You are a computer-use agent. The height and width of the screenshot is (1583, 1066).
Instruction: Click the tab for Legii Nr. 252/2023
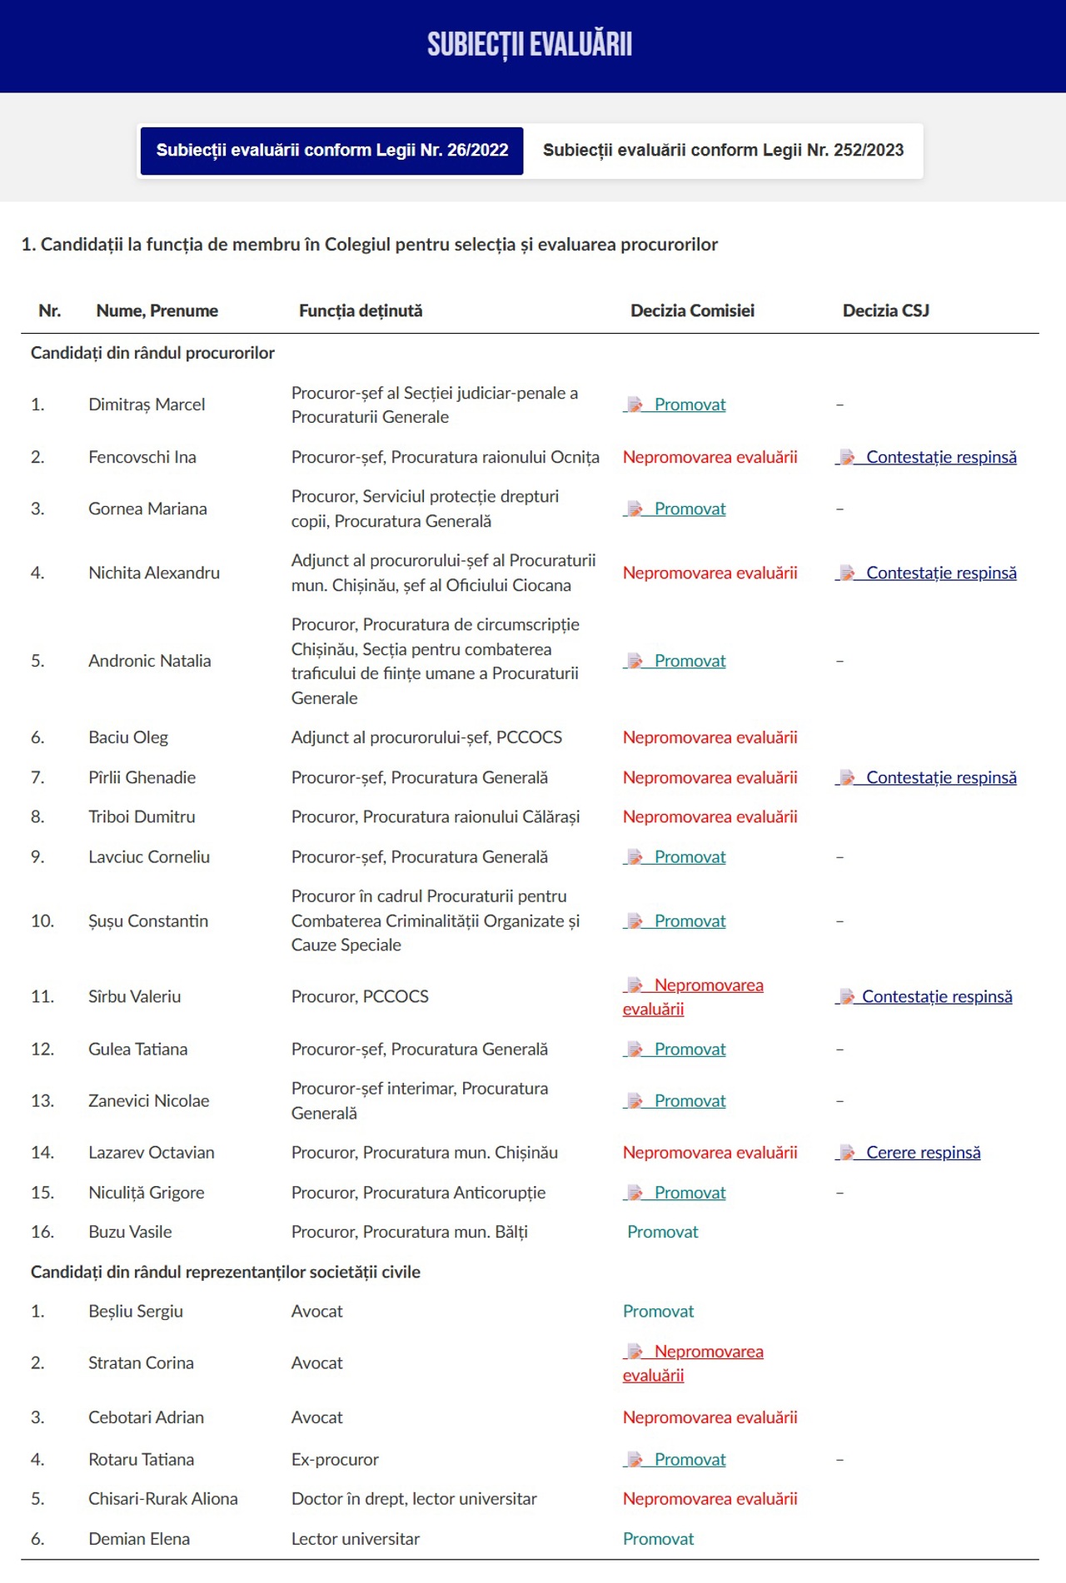click(x=723, y=151)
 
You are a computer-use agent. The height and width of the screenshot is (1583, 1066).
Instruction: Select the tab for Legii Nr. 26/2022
click(x=331, y=151)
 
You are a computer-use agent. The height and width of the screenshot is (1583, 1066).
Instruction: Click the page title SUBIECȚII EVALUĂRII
click(x=530, y=45)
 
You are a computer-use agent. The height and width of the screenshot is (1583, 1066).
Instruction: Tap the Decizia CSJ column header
click(x=885, y=311)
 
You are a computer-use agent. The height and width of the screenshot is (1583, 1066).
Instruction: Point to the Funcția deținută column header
click(x=361, y=311)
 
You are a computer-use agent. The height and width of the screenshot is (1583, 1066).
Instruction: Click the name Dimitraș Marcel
click(x=147, y=404)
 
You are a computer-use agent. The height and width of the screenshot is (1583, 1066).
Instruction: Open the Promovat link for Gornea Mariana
click(x=690, y=509)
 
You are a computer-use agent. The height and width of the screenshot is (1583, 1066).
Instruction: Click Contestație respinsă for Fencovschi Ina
click(x=940, y=457)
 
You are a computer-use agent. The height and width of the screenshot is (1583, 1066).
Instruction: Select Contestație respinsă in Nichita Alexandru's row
click(x=940, y=573)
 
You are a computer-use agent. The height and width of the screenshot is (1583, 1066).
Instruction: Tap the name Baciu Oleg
click(x=128, y=737)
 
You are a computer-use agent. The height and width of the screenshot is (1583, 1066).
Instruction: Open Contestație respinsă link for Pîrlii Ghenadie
click(x=940, y=777)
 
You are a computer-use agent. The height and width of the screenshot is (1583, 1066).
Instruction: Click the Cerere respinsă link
click(x=923, y=1153)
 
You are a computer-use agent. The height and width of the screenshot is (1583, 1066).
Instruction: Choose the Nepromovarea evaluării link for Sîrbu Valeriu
click(x=708, y=985)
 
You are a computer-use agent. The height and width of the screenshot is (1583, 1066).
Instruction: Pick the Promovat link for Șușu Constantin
click(x=690, y=921)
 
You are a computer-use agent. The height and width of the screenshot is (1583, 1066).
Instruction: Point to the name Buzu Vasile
click(x=130, y=1232)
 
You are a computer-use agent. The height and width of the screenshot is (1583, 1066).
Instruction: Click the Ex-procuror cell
click(x=335, y=1460)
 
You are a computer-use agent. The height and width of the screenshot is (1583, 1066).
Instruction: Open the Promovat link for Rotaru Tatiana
click(x=690, y=1460)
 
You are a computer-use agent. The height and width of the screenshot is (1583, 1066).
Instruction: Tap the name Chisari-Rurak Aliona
click(x=163, y=1499)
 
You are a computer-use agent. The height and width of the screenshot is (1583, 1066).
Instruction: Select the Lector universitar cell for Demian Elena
click(x=356, y=1539)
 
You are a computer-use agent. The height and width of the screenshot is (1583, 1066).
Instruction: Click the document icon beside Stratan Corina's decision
click(x=635, y=1352)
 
